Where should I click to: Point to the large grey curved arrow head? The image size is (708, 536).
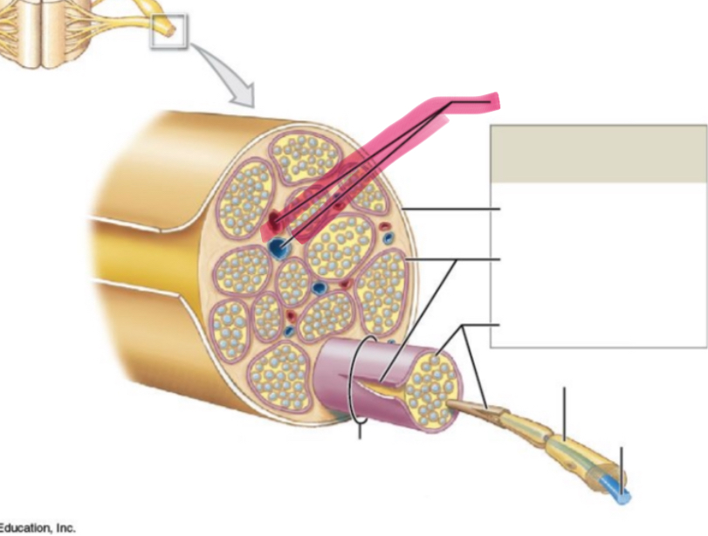click(243, 95)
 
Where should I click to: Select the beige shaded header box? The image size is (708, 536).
click(599, 154)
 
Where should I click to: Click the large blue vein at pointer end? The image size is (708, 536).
click(276, 247)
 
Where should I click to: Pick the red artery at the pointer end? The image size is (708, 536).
click(274, 221)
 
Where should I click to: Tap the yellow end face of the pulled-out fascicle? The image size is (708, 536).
click(432, 390)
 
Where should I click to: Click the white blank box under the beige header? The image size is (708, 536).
click(599, 265)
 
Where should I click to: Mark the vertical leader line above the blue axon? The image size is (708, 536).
click(622, 470)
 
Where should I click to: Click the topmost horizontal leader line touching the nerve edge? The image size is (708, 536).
click(451, 209)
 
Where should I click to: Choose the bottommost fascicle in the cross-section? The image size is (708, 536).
click(280, 376)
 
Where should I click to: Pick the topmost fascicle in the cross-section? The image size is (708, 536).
click(304, 156)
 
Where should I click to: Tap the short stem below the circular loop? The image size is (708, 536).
click(360, 430)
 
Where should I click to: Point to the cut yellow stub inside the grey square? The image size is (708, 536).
click(168, 29)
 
